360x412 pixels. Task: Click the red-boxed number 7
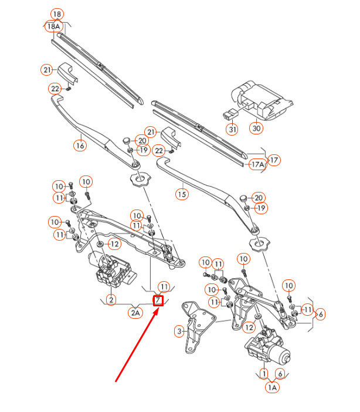pos(158,300)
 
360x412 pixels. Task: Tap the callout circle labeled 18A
pos(53,26)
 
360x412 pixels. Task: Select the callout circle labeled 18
pos(57,14)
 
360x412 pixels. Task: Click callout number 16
pos(80,146)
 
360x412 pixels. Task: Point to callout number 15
pos(182,194)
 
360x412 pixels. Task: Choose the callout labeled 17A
pos(257,164)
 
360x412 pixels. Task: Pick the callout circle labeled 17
pos(274,160)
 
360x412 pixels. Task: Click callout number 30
pos(256,128)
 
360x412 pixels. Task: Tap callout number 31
pos(232,129)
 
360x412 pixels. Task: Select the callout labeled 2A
pos(135,313)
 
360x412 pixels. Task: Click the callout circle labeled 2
pos(111,299)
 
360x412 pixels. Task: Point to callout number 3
pos(179,331)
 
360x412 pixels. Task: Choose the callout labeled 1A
pos(272,387)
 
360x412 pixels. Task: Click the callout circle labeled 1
pos(264,373)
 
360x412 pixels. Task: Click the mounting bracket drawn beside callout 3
pos(198,326)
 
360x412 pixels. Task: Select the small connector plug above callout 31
pos(230,113)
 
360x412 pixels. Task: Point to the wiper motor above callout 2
pos(111,269)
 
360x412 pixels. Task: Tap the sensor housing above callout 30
pos(263,100)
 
